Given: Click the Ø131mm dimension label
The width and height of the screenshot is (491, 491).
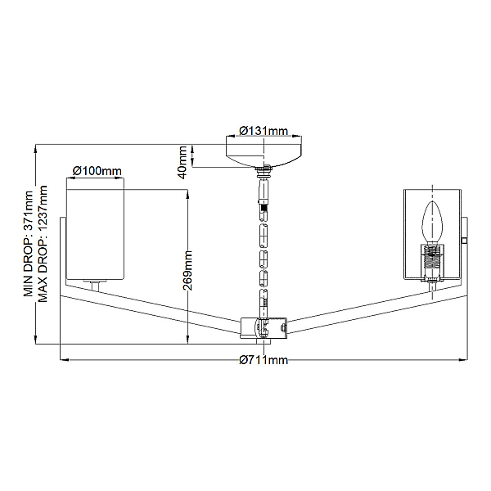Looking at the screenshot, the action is click(264, 131).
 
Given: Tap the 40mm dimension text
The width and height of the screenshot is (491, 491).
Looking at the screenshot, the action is click(182, 163).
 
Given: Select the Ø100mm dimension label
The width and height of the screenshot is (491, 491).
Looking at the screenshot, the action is click(97, 171).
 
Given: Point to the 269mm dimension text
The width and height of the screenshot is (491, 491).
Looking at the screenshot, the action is click(188, 270).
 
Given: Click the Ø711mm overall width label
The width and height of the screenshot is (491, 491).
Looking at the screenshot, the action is click(264, 360).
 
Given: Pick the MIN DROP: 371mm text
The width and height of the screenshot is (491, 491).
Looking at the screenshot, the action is click(29, 244).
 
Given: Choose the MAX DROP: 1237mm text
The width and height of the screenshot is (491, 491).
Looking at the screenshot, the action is click(43, 244).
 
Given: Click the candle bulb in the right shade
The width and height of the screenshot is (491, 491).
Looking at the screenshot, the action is click(432, 223).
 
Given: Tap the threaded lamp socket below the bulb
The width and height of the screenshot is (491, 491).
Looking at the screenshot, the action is click(432, 262).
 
